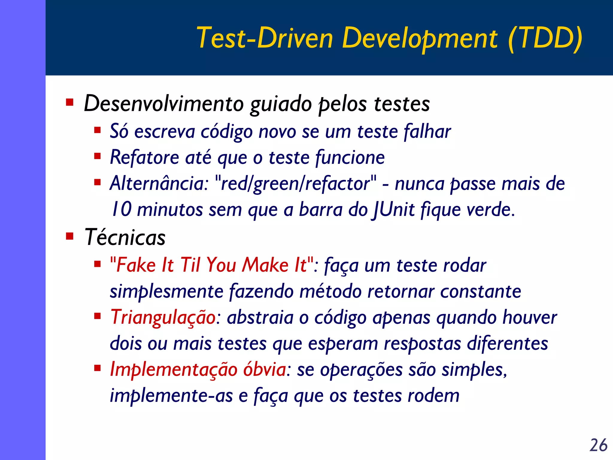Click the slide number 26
[x=598, y=445]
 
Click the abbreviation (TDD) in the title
[x=545, y=38]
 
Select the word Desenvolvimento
[x=164, y=104]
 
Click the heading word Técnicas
[x=125, y=237]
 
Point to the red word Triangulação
[x=163, y=317]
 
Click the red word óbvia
[x=265, y=370]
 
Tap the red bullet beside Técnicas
[x=70, y=237]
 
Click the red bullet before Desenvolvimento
[x=70, y=103]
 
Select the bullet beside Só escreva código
[x=97, y=130]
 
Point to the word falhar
[x=427, y=132]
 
